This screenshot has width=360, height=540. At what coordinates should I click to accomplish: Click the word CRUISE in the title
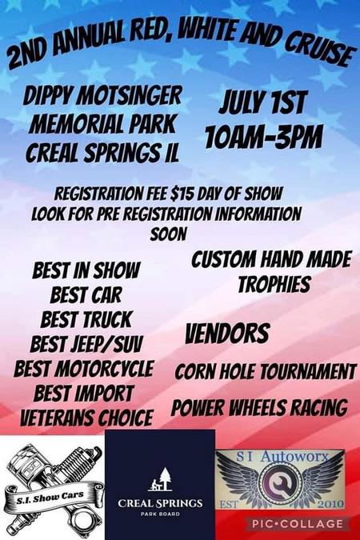click(x=319, y=53)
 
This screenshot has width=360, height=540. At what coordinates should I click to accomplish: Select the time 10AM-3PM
click(x=264, y=137)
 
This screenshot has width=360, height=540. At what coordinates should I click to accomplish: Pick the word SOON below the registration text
click(x=169, y=234)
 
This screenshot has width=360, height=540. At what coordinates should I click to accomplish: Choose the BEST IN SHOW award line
click(x=86, y=270)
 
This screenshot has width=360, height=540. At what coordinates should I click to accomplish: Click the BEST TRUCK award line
click(x=86, y=319)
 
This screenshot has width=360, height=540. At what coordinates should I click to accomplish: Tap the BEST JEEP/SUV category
click(x=86, y=344)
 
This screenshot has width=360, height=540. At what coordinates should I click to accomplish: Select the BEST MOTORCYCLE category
click(x=84, y=369)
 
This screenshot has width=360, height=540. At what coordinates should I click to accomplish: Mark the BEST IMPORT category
click(x=84, y=393)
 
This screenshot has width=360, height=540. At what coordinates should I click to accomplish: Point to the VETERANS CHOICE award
click(x=86, y=418)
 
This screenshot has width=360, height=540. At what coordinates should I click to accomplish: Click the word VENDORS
click(x=227, y=334)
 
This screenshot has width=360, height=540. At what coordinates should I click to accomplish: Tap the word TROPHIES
click(x=274, y=285)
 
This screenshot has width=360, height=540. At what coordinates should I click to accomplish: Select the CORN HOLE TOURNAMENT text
click(x=266, y=372)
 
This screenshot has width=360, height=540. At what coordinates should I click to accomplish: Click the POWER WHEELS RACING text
click(x=259, y=408)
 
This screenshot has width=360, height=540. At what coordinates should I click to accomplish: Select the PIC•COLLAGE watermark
click(x=298, y=524)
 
